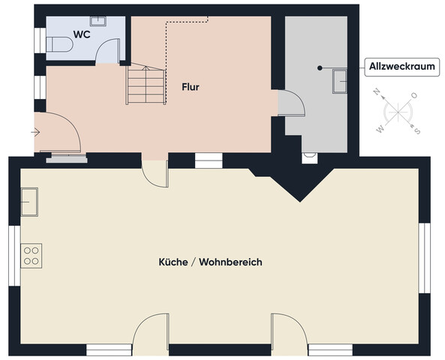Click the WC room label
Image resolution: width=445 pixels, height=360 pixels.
(82, 34)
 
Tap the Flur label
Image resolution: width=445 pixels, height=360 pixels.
(190, 87)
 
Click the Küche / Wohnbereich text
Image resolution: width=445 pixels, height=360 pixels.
(210, 262)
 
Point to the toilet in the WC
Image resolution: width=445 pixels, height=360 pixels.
(59, 46)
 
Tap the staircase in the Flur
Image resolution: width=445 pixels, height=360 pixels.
(146, 84)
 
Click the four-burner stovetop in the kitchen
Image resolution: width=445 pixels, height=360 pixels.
(32, 255)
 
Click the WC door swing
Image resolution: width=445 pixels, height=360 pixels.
(110, 51)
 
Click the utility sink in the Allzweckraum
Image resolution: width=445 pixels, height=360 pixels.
(340, 79)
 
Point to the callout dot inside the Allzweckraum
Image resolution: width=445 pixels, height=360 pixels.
(320, 67)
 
